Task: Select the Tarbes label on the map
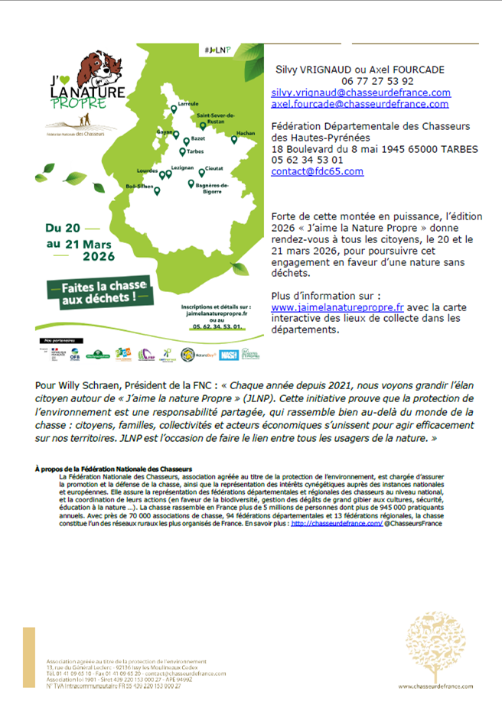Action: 194,151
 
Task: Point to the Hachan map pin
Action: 235,140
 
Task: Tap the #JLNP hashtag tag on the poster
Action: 218,50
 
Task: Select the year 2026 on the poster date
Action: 90,256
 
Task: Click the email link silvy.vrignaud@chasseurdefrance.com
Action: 360,93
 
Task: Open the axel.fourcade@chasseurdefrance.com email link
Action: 360,104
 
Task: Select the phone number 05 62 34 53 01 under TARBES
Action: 307,161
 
